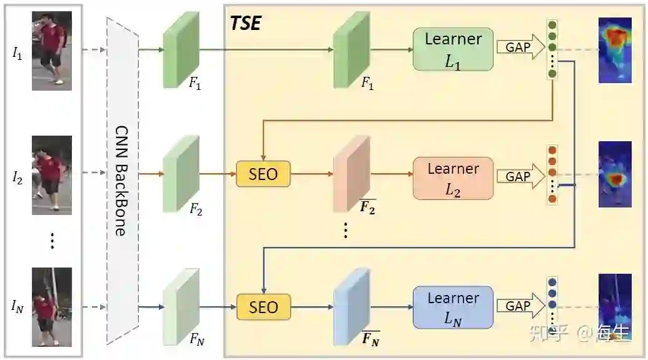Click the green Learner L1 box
coord(453,49)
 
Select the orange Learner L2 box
coord(453,178)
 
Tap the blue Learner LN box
coord(453,307)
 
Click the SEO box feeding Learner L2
coord(263,173)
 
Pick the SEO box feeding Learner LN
coord(263,307)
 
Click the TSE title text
coord(245,24)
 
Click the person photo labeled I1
coord(51,51)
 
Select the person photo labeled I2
coord(51,173)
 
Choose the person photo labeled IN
coord(51,306)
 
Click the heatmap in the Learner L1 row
coord(615,50)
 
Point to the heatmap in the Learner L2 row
coord(615,174)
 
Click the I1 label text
coord(17,53)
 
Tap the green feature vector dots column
coord(552,49)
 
